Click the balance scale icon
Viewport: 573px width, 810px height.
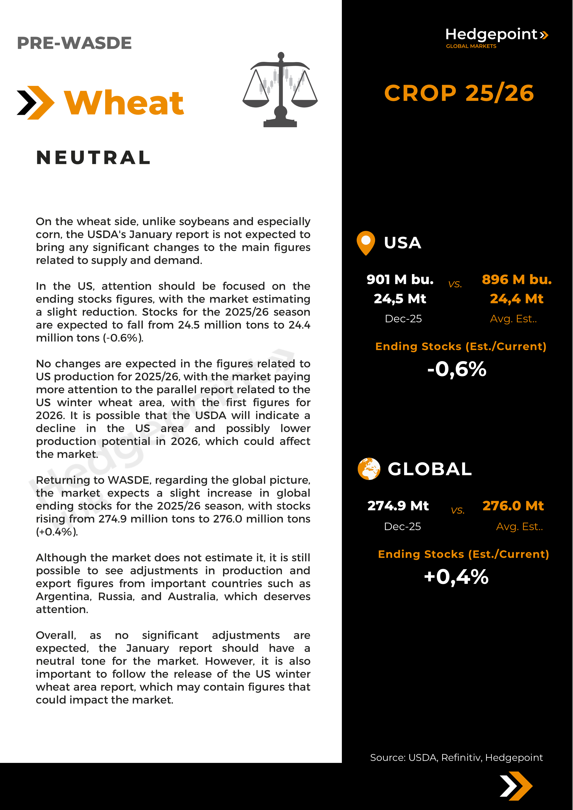(280, 90)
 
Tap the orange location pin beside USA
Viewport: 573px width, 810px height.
(366, 243)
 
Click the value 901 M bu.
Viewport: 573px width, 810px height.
(400, 279)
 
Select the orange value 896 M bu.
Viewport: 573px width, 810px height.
(517, 279)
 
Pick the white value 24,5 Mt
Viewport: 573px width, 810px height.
(400, 299)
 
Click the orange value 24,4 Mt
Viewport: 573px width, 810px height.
(517, 299)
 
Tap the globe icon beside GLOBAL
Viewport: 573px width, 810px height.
(369, 469)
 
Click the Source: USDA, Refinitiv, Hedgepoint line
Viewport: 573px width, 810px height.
(456, 757)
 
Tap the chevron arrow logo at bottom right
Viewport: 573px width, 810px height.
(516, 786)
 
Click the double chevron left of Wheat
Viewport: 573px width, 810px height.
(36, 103)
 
